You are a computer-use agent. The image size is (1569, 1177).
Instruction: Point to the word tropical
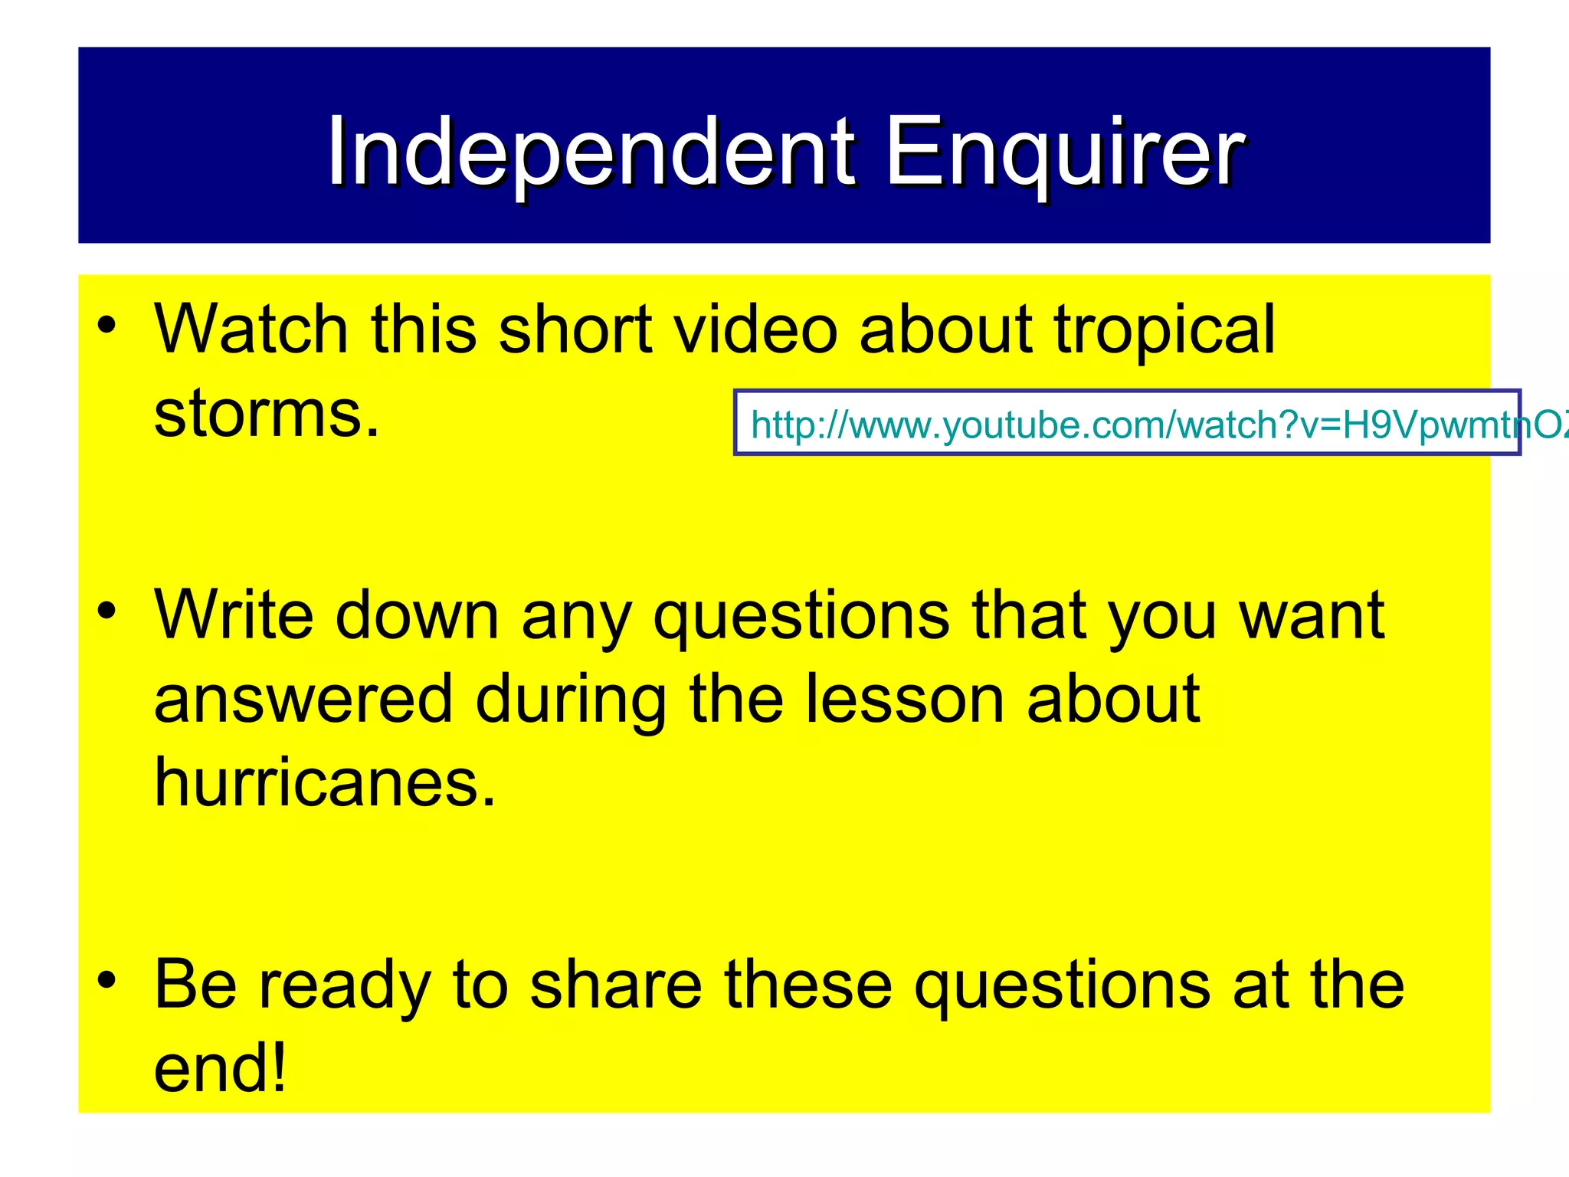click(1164, 331)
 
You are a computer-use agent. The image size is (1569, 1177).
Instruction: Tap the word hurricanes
click(325, 782)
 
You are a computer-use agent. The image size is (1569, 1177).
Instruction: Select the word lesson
click(904, 699)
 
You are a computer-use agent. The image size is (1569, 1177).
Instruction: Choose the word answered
click(303, 700)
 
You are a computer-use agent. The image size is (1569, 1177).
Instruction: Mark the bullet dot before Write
click(106, 611)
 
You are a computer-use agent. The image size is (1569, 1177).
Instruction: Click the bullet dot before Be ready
click(106, 980)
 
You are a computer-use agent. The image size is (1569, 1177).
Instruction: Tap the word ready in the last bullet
click(344, 986)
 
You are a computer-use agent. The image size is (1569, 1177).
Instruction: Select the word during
click(571, 700)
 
